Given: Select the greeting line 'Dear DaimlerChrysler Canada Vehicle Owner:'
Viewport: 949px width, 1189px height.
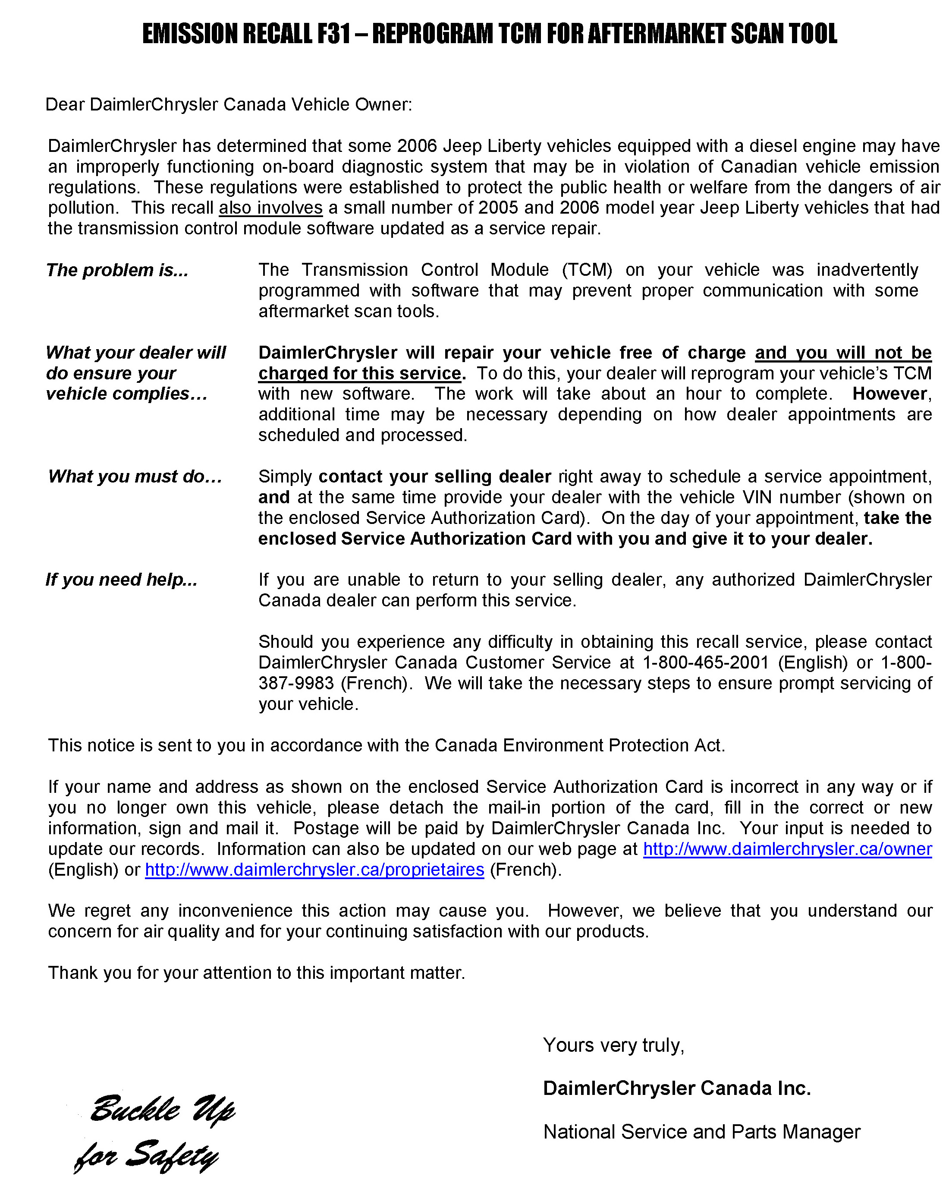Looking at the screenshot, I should pos(228,104).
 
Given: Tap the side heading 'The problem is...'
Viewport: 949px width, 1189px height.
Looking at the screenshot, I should pos(117,270).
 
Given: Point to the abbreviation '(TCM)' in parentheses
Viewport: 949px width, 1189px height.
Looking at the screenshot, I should pos(587,270).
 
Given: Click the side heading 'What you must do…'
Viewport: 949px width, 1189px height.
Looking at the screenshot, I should pos(135,476).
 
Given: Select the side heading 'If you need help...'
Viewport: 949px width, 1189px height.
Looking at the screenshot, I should pos(121,580).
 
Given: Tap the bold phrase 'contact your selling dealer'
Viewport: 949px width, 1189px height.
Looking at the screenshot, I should pos(435,476).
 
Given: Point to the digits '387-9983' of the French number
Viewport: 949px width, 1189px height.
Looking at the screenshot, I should pos(296,683).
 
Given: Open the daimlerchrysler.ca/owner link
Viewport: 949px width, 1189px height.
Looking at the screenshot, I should pos(788,849).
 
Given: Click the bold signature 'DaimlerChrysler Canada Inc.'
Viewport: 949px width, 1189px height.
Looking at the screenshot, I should pos(677,1088).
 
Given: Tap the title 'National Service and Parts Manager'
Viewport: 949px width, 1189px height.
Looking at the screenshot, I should pos(701,1132).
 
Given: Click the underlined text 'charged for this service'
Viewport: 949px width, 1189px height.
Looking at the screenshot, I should pos(359,373).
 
